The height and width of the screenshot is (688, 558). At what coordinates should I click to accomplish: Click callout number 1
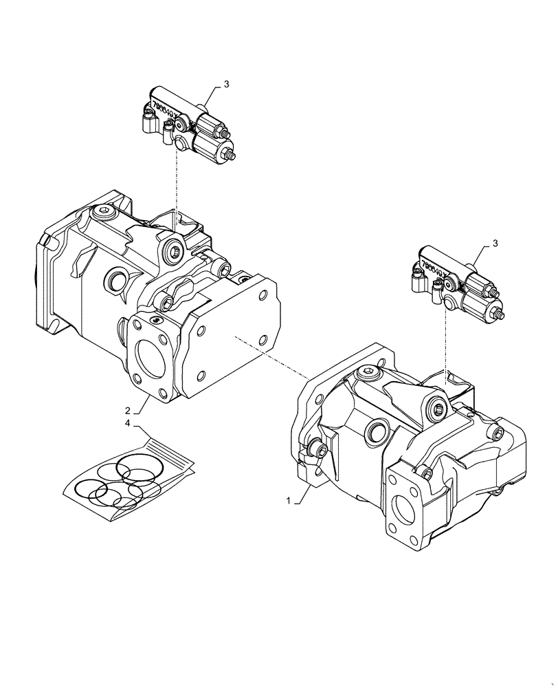[289, 502]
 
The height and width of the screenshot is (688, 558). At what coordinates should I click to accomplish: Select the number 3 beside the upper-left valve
[227, 84]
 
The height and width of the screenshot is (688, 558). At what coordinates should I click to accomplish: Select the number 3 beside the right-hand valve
[494, 244]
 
